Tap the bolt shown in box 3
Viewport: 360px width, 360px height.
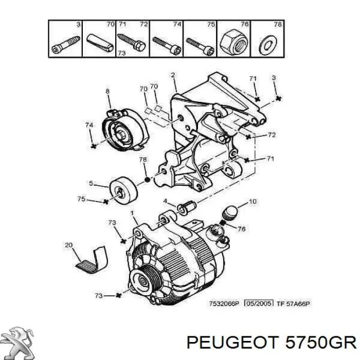point(66,45)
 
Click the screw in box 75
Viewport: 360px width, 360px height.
point(200,45)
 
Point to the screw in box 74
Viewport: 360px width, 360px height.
point(167,45)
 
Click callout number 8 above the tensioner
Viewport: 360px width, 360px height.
point(107,92)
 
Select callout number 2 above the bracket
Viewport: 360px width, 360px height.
point(173,75)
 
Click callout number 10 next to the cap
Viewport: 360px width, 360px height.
point(252,202)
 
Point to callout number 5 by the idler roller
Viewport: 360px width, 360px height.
point(91,183)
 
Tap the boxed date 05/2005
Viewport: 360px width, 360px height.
point(258,304)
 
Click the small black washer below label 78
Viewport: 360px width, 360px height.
point(146,180)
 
